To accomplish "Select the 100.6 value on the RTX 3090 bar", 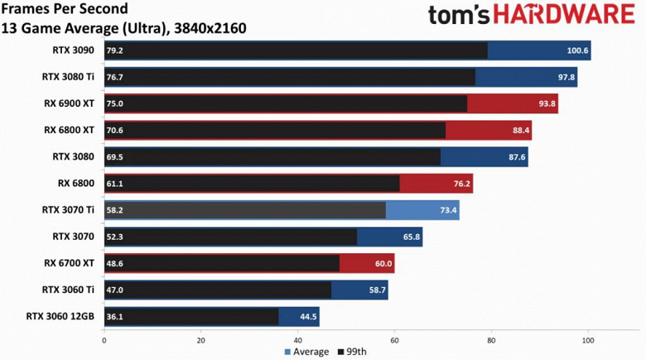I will coord(577,50).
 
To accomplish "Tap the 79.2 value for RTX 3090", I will coord(114,50).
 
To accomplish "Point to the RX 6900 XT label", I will coord(69,103).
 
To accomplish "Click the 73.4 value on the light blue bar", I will coord(448,210).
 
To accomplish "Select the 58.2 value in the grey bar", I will coord(114,210).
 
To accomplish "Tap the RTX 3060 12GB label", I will coord(60,315).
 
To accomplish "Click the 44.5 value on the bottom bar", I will coord(308,316).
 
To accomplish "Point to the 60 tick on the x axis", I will coord(394,339).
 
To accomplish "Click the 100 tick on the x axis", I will coord(588,339).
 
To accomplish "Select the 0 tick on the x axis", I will coord(104,339).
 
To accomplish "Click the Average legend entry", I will coord(307,352).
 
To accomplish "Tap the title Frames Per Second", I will coord(65,10).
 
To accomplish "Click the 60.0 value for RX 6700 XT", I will coord(383,263).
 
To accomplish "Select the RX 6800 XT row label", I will coord(69,129).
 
